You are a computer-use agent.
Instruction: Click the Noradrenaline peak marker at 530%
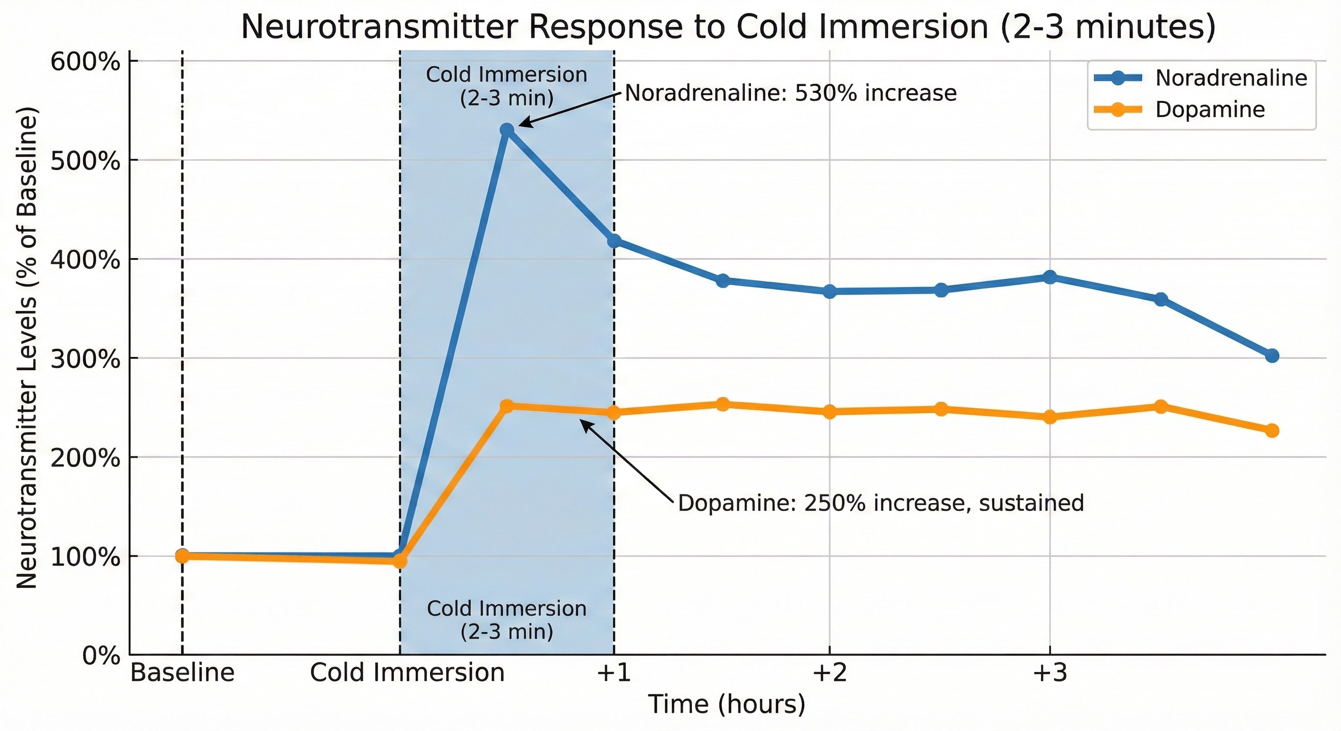coord(507,129)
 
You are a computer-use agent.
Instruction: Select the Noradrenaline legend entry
coord(1231,78)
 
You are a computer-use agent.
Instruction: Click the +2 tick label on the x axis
coord(830,673)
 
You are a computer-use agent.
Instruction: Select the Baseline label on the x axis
coord(182,673)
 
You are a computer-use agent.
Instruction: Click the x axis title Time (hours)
coord(727,704)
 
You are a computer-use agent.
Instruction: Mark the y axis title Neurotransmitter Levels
coord(27,347)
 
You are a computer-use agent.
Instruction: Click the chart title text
coord(728,27)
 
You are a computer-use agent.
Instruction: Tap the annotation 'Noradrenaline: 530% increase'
coord(790,93)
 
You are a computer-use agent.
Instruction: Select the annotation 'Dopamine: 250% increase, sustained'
coord(881,503)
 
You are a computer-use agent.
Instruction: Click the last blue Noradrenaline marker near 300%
coord(1272,356)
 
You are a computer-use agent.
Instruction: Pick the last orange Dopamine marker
coord(1272,430)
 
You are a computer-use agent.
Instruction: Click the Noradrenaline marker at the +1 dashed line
coord(614,241)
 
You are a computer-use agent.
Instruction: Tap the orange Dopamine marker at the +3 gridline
coord(1050,417)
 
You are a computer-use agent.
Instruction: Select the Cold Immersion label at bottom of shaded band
coord(507,620)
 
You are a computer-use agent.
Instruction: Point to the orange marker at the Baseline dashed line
coord(182,556)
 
